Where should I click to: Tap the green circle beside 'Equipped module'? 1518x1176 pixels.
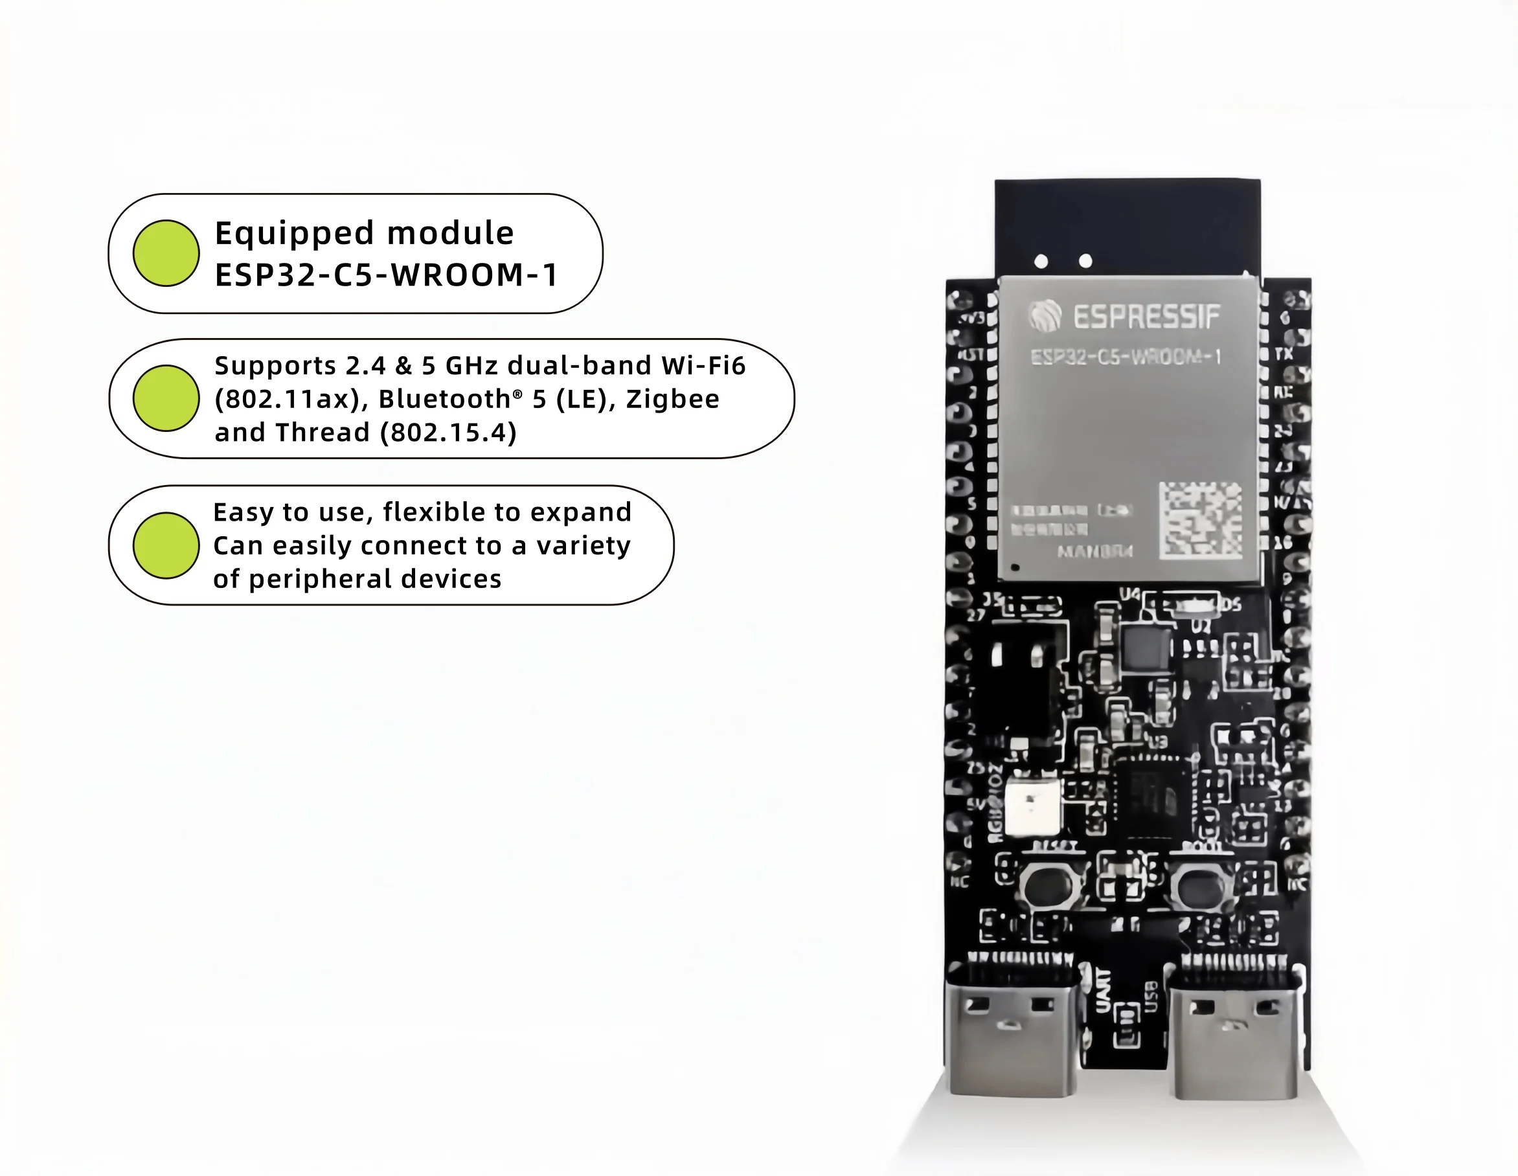[166, 253]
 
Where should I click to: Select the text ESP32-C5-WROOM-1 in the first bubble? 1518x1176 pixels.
[387, 275]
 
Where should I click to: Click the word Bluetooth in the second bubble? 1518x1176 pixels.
[445, 399]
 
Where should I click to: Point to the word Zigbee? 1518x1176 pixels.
[672, 399]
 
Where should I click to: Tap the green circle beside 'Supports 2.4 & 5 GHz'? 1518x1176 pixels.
[166, 398]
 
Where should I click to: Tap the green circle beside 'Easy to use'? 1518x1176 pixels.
[166, 546]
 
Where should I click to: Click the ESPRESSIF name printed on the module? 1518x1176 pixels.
[1147, 317]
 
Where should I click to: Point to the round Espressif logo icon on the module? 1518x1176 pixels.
[1045, 316]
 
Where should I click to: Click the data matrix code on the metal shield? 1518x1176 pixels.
[1201, 521]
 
